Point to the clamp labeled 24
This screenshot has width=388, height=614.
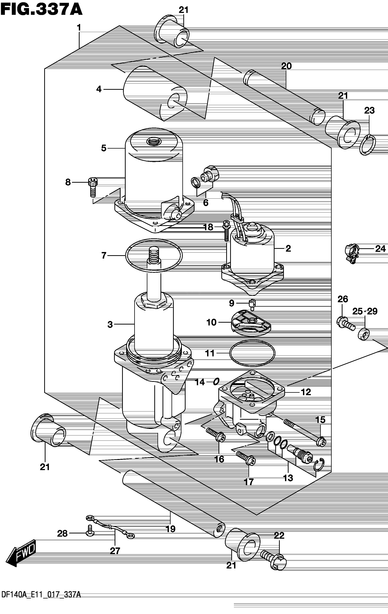click(x=352, y=253)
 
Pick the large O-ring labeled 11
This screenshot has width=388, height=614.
click(x=252, y=353)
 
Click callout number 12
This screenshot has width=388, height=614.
click(x=306, y=392)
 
